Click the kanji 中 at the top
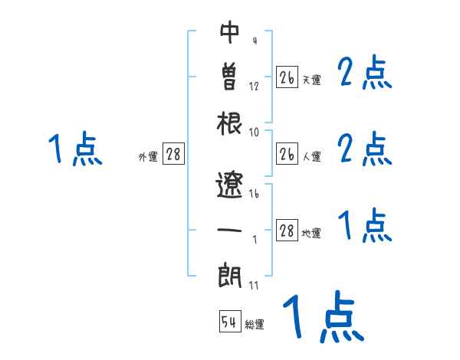(230, 34)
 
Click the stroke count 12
(255, 86)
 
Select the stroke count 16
(255, 195)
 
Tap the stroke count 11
(254, 285)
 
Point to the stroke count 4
(254, 41)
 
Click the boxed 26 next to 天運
(287, 77)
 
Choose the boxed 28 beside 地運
(287, 232)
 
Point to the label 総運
(255, 325)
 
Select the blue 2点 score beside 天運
(365, 74)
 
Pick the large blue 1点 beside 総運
(323, 319)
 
